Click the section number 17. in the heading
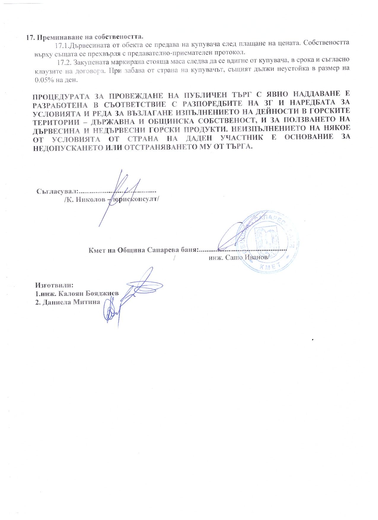31,37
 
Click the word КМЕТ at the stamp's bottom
268,267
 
